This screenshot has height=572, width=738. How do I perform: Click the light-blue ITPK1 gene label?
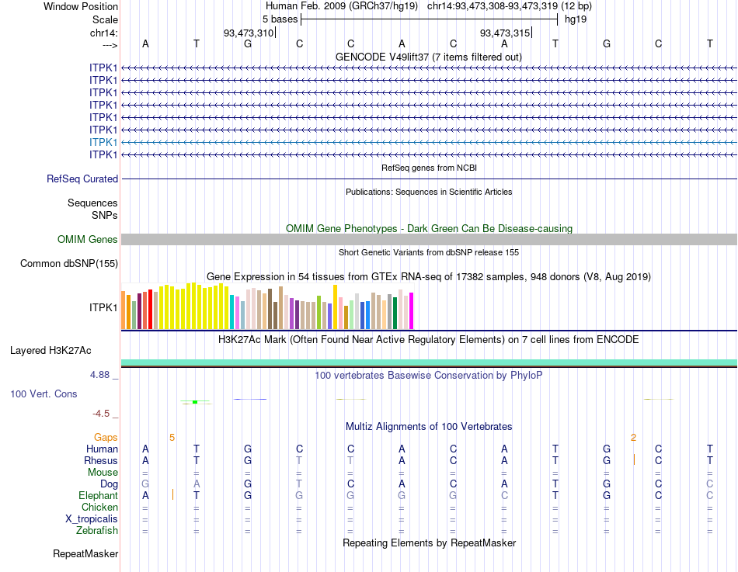point(103,142)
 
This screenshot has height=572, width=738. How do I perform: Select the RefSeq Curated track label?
point(82,179)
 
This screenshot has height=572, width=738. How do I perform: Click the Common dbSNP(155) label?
point(69,264)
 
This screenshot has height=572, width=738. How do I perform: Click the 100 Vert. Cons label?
point(44,393)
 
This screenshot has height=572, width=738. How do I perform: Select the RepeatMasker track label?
point(85,553)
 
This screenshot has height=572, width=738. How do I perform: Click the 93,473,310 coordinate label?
point(249,33)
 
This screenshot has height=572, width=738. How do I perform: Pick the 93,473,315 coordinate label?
point(505,33)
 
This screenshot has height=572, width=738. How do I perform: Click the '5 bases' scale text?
point(280,19)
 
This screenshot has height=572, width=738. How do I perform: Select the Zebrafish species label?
point(97,531)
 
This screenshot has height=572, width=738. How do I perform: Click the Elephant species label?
point(98,495)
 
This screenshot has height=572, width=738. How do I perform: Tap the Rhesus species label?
point(101,460)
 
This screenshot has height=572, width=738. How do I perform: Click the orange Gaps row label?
point(106,437)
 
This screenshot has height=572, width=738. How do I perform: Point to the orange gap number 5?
point(172,437)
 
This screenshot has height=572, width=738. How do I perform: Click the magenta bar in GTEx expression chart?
point(411,310)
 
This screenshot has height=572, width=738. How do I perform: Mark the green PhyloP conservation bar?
point(195,401)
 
